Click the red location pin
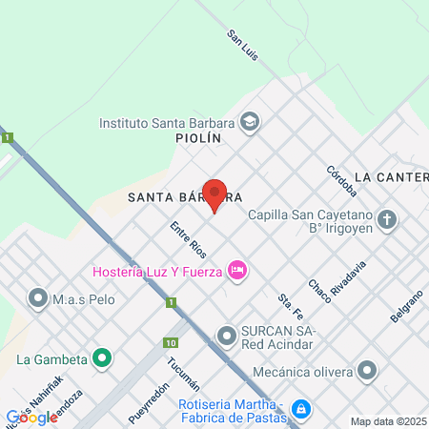point(214,194)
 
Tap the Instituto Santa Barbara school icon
point(249,121)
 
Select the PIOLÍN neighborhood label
point(198,138)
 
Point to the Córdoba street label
point(340,180)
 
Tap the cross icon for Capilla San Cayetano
point(386,221)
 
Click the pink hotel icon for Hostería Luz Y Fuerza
point(238,272)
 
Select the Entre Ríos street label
point(188,239)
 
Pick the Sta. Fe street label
point(290,304)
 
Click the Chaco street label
point(320,291)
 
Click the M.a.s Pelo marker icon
point(39,298)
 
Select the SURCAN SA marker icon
point(226,336)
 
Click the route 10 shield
point(170,342)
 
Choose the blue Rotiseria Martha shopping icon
point(301,408)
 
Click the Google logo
point(31,417)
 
